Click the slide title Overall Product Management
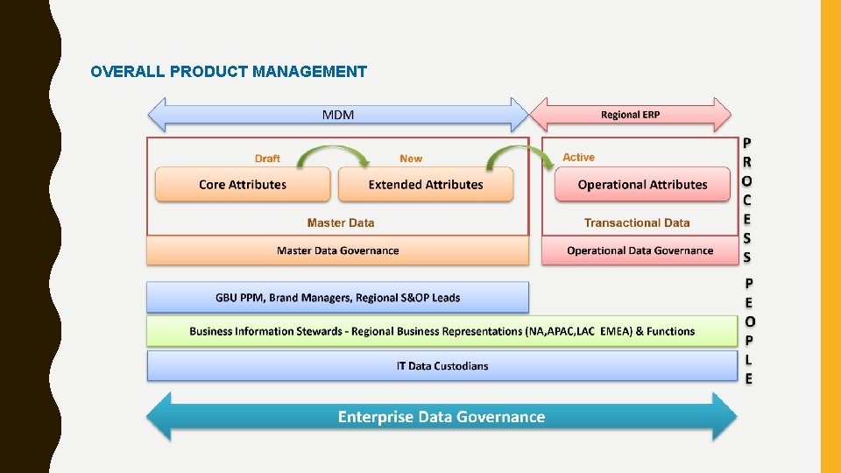point(229,72)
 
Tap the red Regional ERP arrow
point(630,115)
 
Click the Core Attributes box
point(243,185)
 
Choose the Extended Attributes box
point(426,185)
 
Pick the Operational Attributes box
point(642,185)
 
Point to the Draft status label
point(267,159)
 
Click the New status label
point(410,159)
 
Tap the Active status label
point(578,158)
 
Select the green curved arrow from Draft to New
point(333,154)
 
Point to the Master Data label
point(341,223)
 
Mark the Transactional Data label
point(637,223)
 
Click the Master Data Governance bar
point(337,251)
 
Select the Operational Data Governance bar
point(640,251)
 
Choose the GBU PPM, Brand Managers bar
point(337,298)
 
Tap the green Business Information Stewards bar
point(442,331)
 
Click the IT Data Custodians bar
point(442,366)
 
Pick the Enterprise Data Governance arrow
point(442,417)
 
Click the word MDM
point(338,115)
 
